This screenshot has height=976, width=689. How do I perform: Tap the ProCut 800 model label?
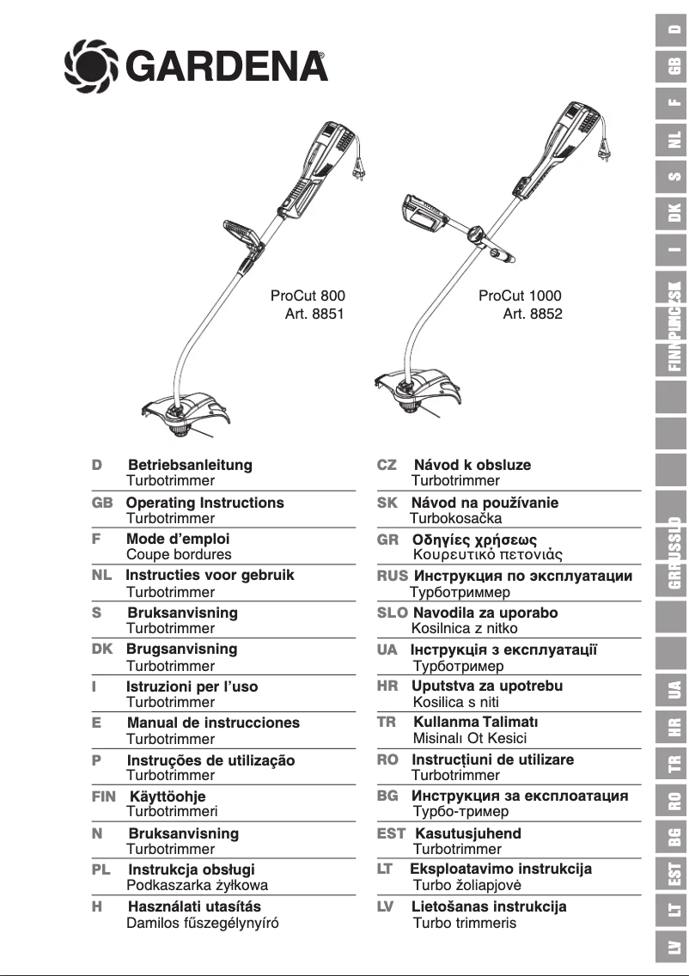click(x=308, y=296)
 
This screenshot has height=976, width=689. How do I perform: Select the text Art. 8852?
click(x=533, y=314)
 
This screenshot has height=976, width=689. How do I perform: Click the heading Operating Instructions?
click(x=204, y=503)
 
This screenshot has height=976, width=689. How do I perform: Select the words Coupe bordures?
click(x=179, y=555)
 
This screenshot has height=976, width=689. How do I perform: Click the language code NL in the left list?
click(x=101, y=576)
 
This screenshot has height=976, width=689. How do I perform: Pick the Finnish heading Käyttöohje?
click(x=168, y=796)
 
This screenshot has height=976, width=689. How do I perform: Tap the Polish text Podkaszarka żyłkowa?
click(x=197, y=886)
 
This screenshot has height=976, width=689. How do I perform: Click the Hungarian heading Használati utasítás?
click(x=194, y=906)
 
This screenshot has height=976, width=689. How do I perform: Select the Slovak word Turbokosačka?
click(x=456, y=519)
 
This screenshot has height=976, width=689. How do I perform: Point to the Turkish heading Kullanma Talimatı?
click(x=475, y=723)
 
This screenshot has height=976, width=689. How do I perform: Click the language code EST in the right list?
click(x=391, y=833)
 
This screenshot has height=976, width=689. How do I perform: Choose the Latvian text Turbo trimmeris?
click(x=465, y=924)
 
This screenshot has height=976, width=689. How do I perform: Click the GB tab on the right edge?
click(x=674, y=66)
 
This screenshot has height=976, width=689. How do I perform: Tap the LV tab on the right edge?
click(x=674, y=948)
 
